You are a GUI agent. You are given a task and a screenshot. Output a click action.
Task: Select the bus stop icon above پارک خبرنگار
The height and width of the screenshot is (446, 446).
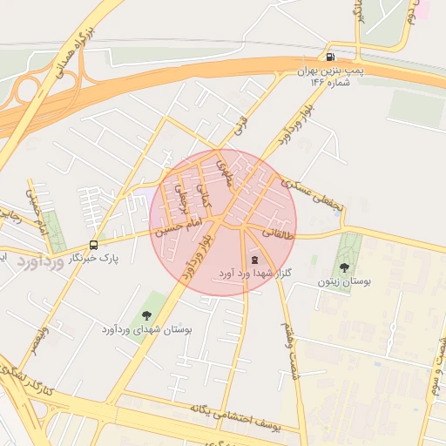94,245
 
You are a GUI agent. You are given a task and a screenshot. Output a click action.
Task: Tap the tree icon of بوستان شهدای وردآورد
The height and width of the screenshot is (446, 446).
145,315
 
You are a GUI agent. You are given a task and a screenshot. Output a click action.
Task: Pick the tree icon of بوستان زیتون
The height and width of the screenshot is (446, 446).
344,268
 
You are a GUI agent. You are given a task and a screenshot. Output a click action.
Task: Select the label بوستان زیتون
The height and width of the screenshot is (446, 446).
344,281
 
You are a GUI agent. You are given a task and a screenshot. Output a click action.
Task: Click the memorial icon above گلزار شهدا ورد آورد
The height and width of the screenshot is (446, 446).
254,260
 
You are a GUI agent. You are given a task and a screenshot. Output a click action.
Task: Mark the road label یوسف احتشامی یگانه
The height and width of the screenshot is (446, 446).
235,418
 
